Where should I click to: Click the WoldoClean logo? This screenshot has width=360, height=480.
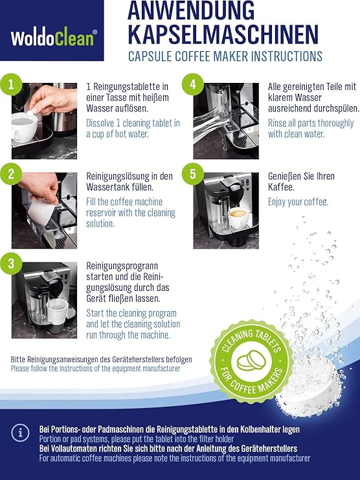(54, 38)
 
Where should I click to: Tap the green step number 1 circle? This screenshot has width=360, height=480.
(11, 84)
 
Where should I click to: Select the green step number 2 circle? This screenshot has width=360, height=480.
(11, 174)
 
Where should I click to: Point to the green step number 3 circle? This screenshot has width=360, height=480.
(11, 263)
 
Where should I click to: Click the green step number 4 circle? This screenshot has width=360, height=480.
(193, 84)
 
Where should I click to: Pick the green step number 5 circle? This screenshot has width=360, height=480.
(193, 174)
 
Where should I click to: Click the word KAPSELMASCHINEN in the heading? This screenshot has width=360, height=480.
(223, 34)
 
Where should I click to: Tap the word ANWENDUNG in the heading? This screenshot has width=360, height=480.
(191, 11)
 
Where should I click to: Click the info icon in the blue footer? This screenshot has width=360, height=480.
(20, 433)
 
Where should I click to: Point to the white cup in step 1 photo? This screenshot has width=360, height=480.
(25, 126)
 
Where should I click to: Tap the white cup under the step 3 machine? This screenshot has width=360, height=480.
(57, 312)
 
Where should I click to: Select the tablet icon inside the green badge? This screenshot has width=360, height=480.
(251, 360)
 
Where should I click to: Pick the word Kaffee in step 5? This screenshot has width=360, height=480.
(281, 187)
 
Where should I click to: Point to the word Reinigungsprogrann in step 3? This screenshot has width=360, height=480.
(122, 266)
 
